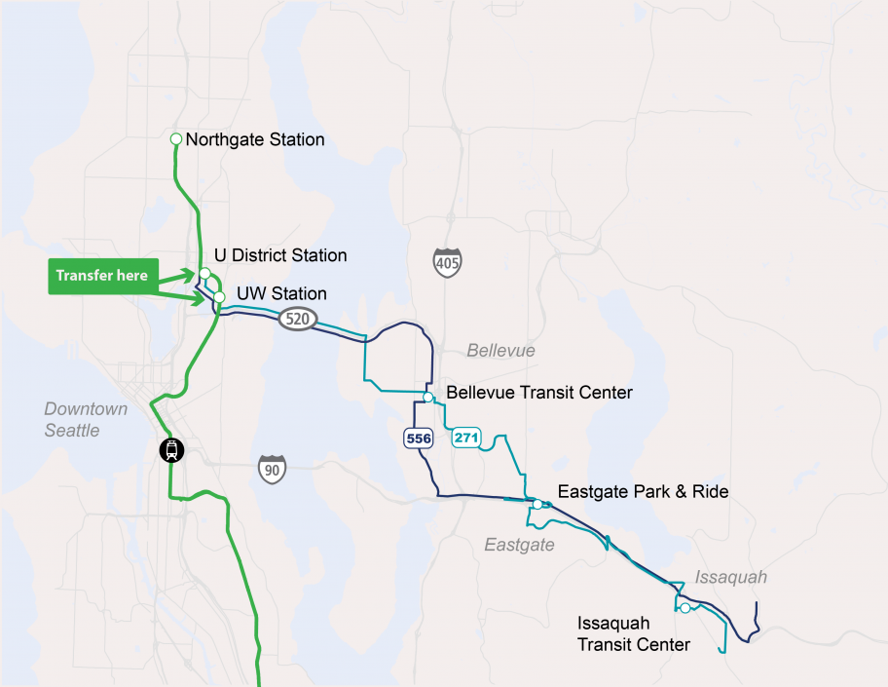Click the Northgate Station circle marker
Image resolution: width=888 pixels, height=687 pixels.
tap(176, 139)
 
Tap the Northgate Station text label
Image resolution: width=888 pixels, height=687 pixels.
tap(254, 139)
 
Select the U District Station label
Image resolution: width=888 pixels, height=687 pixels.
tap(280, 255)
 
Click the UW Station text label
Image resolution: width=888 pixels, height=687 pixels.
tap(281, 293)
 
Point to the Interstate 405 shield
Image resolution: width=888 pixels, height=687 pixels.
tap(448, 261)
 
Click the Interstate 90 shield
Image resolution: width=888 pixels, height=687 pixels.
tap(273, 469)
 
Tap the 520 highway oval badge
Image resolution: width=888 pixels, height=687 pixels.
tap(296, 319)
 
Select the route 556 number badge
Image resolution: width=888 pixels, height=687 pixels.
tap(419, 439)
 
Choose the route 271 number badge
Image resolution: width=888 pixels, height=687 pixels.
tap(466, 438)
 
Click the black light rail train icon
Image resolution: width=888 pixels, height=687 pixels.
tap(171, 450)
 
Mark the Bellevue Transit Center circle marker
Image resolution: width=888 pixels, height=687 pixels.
tap(428, 397)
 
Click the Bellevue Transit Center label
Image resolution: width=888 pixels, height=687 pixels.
tap(539, 393)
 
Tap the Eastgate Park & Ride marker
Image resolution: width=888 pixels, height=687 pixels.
tap(537, 504)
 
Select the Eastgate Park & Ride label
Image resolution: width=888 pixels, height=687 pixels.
tap(643, 492)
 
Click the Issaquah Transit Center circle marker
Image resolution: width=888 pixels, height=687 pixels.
tap(685, 608)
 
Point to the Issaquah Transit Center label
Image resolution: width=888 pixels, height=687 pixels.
tap(633, 633)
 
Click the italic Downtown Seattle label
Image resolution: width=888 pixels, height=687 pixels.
tap(86, 419)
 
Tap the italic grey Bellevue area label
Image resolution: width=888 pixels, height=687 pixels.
tap(500, 351)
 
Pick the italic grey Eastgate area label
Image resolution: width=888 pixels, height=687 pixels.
tap(519, 545)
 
